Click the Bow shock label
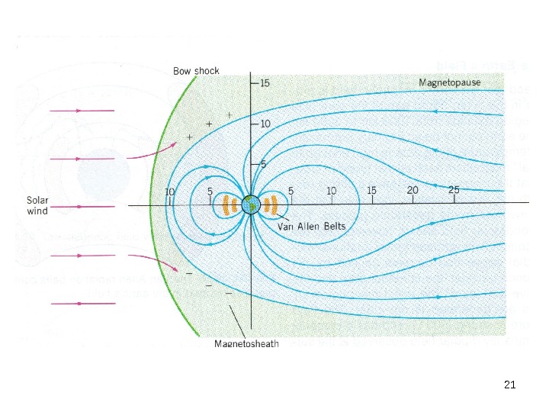click(196, 71)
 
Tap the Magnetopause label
click(450, 82)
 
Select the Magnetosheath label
click(246, 343)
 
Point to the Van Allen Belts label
click(311, 227)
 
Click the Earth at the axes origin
click(251, 204)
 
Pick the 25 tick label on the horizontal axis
click(454, 190)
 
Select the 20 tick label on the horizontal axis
click(413, 190)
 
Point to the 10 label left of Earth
click(170, 192)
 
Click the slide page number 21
click(510, 385)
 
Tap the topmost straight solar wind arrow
click(82, 111)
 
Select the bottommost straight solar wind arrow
click(82, 304)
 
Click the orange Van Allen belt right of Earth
click(275, 204)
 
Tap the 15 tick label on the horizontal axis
click(371, 190)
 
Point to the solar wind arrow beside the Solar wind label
click(82, 206)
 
